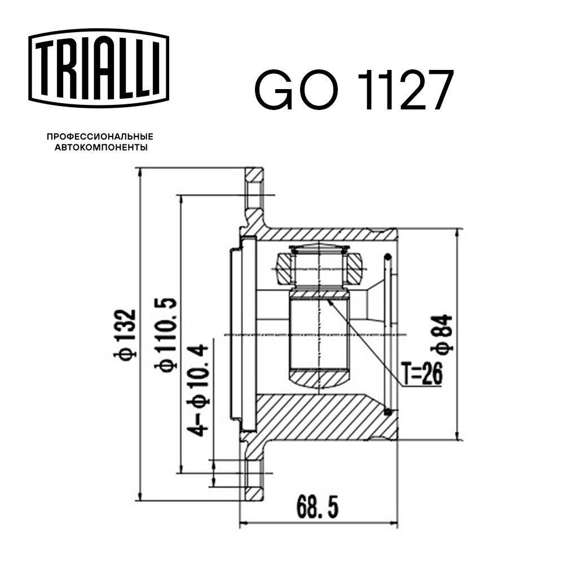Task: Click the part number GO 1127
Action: pos(354,90)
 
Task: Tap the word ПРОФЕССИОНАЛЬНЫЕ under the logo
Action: pos(100,137)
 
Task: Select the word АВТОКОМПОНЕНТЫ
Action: pos(100,148)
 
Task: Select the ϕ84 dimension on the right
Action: pos(444,334)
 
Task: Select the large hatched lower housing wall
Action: pos(316,417)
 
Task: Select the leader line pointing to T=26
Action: pos(367,338)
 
